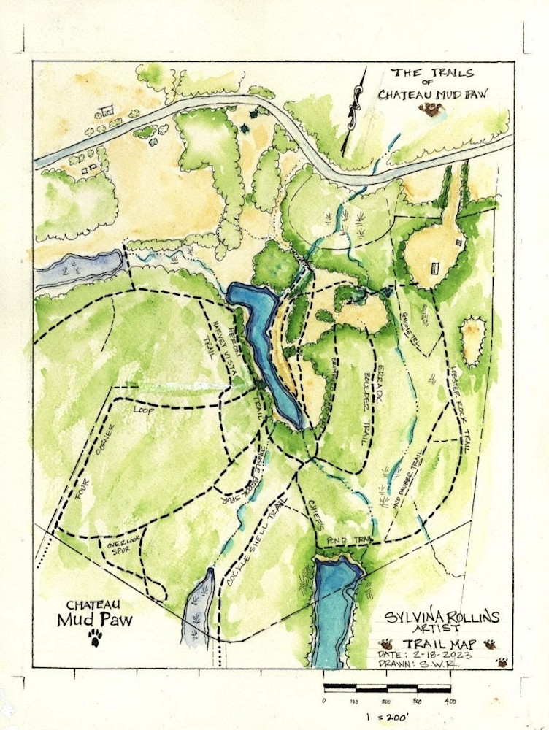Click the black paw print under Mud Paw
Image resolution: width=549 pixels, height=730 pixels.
[95, 639]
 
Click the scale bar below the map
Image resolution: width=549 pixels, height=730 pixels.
[387, 688]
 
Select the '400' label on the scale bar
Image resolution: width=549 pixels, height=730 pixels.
[450, 702]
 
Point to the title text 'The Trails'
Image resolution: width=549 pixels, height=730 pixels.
[432, 73]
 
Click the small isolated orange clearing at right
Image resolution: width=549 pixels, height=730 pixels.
[472, 340]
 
